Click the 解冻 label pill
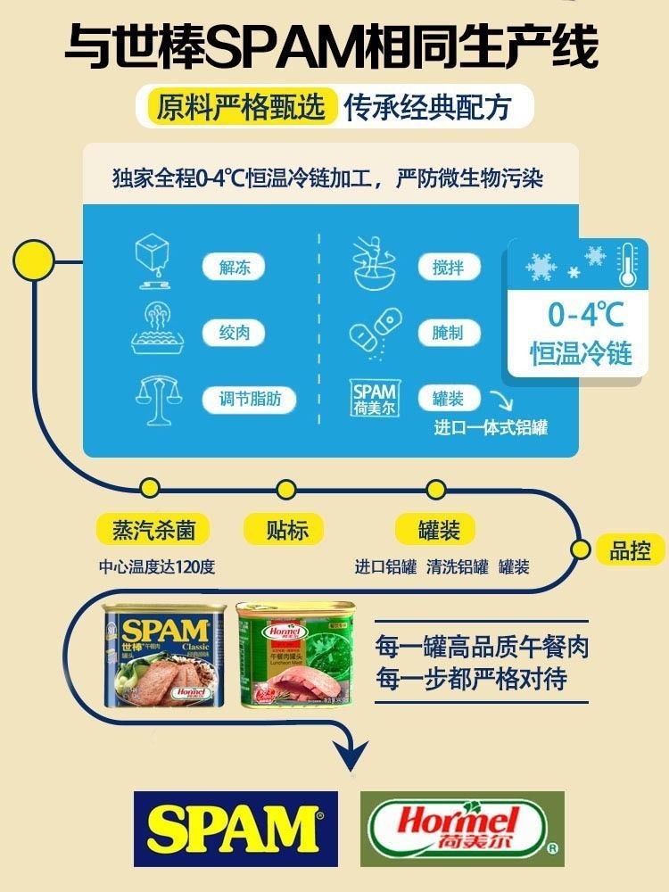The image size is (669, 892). click(235, 268)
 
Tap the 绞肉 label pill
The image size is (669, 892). click(235, 334)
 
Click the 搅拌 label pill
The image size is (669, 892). click(448, 268)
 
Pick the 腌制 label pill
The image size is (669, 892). click(448, 334)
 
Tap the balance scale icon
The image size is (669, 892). click(156, 397)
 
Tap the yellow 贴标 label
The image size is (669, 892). click(287, 531)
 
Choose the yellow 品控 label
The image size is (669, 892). click(630, 550)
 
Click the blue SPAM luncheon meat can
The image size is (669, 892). click(167, 656)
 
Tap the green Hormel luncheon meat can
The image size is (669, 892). click(295, 656)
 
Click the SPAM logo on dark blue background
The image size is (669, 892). click(235, 829)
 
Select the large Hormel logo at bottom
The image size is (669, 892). click(462, 829)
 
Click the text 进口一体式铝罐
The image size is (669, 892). click(491, 428)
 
